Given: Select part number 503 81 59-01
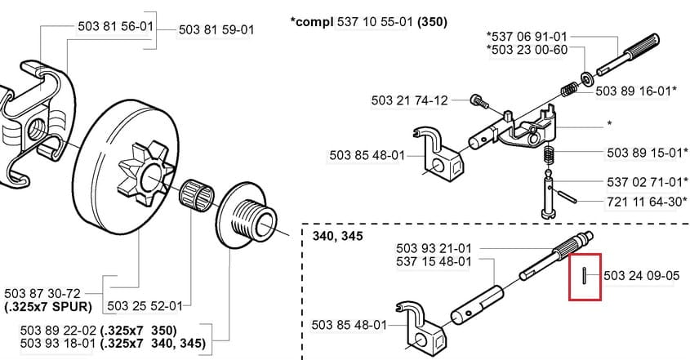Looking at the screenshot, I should [216, 30].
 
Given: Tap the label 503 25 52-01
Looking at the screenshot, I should [144, 305].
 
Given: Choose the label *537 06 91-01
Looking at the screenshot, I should [526, 38].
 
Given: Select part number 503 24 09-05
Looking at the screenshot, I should [642, 276].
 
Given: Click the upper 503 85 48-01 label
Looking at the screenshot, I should [367, 154].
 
